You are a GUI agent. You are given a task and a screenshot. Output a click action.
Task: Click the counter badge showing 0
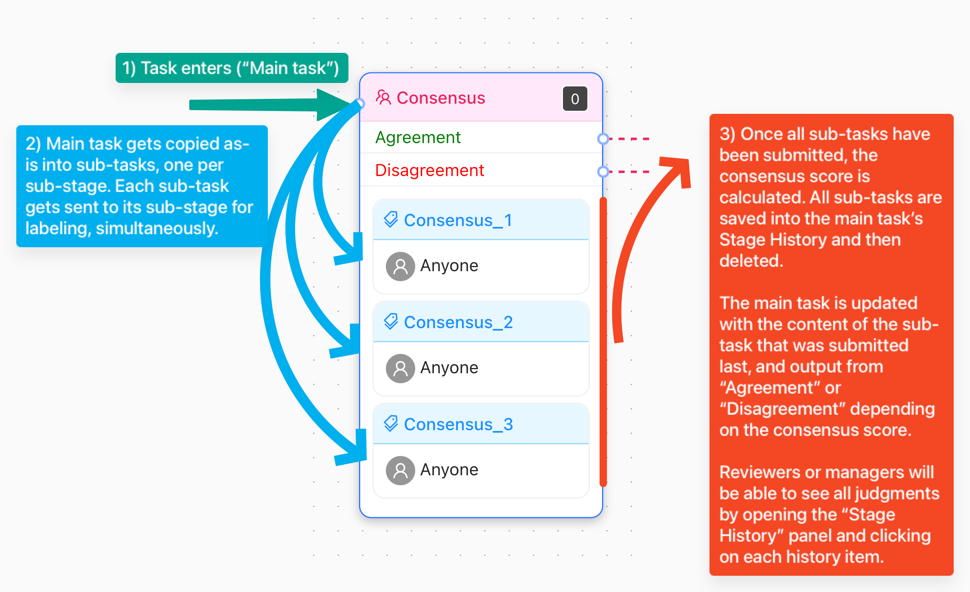tap(575, 99)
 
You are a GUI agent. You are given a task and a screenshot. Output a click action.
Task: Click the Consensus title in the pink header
tap(441, 98)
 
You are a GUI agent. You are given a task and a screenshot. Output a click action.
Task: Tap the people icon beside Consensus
tap(383, 98)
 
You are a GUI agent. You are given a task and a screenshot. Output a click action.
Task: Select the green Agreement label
tap(418, 137)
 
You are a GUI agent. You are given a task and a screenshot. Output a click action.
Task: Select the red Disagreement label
tap(430, 170)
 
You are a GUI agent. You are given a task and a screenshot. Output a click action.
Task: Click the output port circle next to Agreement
tap(603, 139)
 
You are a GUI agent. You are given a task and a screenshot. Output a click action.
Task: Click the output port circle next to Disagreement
tap(603, 172)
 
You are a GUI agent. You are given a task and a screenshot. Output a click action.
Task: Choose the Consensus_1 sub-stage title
tap(458, 220)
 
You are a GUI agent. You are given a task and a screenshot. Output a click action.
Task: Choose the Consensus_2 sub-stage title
tap(458, 322)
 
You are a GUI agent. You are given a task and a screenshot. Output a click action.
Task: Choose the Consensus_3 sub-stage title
tap(458, 424)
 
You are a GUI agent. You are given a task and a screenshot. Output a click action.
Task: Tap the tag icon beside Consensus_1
tap(391, 220)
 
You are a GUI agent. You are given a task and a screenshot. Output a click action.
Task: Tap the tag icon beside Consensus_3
tap(391, 424)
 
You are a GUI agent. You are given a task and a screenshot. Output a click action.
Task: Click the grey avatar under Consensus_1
tap(401, 266)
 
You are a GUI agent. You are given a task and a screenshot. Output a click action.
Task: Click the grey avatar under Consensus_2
tap(401, 368)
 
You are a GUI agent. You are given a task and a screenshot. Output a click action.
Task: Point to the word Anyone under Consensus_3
tap(449, 470)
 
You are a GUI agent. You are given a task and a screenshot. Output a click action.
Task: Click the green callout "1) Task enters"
tap(232, 68)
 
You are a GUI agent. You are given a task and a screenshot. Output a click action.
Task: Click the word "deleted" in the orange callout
tap(751, 261)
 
